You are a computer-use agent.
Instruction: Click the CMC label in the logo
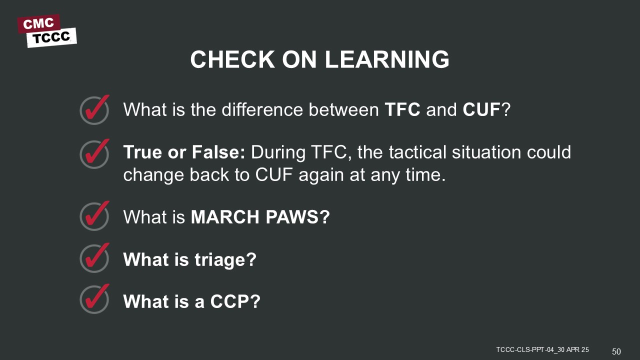(x=38, y=23)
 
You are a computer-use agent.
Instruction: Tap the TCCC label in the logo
(x=51, y=37)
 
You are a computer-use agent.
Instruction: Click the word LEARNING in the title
(x=387, y=59)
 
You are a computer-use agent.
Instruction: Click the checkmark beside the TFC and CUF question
(x=94, y=109)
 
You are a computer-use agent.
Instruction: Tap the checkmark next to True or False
(x=94, y=153)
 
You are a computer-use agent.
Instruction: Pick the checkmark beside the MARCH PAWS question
(x=94, y=215)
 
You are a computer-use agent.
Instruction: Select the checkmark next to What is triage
(x=94, y=257)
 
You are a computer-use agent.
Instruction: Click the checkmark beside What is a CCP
(x=94, y=299)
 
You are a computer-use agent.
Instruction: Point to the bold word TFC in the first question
(x=402, y=109)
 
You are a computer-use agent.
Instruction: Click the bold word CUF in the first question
(x=481, y=109)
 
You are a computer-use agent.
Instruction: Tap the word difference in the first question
(x=262, y=109)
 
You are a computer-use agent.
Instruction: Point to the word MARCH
(x=225, y=217)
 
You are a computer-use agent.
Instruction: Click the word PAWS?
(x=297, y=217)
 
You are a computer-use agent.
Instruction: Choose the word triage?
(x=225, y=260)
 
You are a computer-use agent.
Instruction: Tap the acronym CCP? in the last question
(x=235, y=301)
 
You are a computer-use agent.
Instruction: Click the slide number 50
(x=616, y=351)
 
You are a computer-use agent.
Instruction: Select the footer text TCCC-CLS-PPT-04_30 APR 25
(x=542, y=349)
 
